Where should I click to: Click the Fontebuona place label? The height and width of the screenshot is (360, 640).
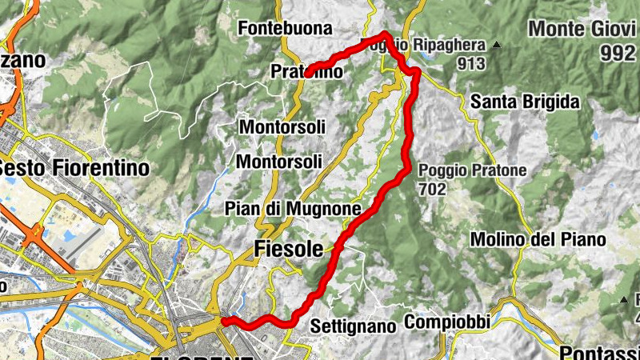coord(286,28)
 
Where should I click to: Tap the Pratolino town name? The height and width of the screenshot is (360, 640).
coord(306,72)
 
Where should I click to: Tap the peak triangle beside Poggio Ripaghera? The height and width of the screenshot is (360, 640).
coord(497,44)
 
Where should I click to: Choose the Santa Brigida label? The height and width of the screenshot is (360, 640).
coord(524,102)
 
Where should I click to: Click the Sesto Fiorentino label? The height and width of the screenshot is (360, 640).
coord(76,168)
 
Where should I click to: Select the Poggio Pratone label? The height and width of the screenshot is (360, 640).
coord(471,170)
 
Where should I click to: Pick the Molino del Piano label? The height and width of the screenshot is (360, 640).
coord(538,238)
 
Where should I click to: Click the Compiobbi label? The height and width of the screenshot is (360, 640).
coord(446,322)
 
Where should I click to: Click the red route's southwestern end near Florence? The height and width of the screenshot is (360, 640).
coord(223,322)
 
